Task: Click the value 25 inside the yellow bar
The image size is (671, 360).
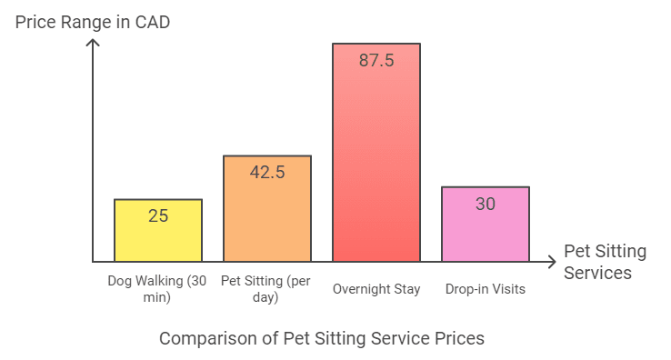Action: [158, 215]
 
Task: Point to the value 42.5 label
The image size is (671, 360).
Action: [267, 172]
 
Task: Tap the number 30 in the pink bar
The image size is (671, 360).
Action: [486, 204]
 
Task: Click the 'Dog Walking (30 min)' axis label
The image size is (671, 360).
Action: [158, 288]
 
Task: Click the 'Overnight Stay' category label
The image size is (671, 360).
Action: [376, 289]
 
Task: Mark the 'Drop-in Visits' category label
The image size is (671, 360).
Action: [486, 289]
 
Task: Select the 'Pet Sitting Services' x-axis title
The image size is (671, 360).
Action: [604, 262]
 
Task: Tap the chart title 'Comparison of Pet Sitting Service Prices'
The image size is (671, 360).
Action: [322, 338]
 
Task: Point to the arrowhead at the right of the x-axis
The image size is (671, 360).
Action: [551, 262]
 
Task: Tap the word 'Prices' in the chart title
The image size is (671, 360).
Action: [460, 338]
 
